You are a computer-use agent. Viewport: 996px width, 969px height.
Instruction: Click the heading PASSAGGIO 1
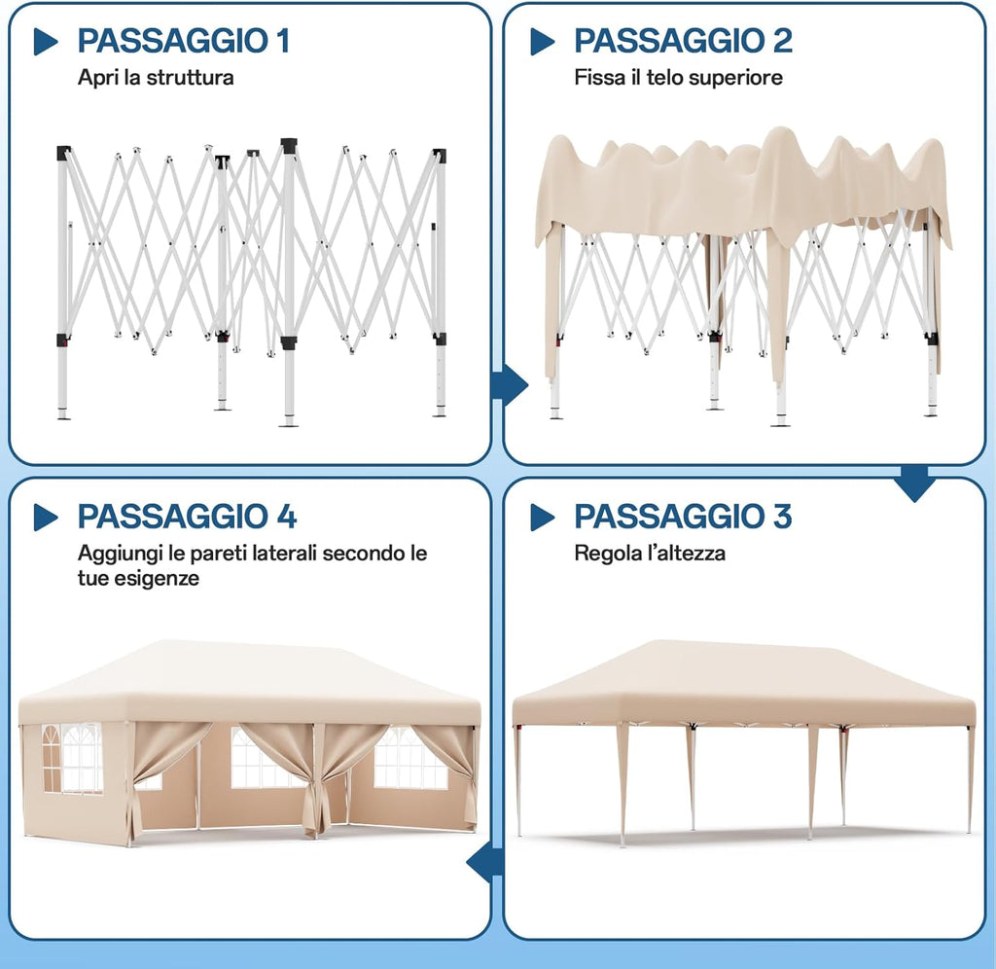[x=183, y=41]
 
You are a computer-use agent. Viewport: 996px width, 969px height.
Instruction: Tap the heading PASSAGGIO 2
[x=683, y=41]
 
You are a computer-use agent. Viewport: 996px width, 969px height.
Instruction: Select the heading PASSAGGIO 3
[x=683, y=517]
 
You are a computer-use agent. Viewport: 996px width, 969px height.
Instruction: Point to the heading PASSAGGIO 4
[x=187, y=517]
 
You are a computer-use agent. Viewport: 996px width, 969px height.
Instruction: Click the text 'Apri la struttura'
[x=156, y=78]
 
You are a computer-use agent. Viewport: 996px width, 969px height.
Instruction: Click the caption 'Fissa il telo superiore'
[x=678, y=78]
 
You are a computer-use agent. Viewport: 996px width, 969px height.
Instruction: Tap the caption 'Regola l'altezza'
[x=650, y=554]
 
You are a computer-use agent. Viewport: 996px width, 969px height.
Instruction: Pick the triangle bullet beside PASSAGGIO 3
[x=542, y=518]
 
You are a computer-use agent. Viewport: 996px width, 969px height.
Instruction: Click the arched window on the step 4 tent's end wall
[x=71, y=758]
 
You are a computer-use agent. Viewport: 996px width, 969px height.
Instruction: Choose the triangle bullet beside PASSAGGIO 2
[x=542, y=41]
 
